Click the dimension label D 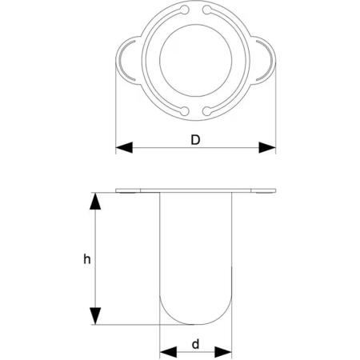coord(195,140)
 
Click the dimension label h coord(87,259)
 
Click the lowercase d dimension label coord(195,344)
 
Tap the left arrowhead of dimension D coord(124,147)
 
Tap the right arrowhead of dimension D coord(267,147)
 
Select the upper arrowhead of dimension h coord(95,201)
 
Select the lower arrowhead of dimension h coord(95,316)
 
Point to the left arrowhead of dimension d coord(168,352)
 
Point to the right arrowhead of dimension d coord(223,352)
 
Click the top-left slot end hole coord(184,10)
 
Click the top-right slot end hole coord(206,10)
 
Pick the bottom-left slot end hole coord(184,110)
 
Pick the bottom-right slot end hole coord(206,110)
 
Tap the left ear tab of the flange coord(126,60)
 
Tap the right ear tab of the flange coord(265,60)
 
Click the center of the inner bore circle coord(196,61)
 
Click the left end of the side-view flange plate coord(116,190)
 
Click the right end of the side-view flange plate coord(275,190)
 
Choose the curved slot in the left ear coord(120,60)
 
